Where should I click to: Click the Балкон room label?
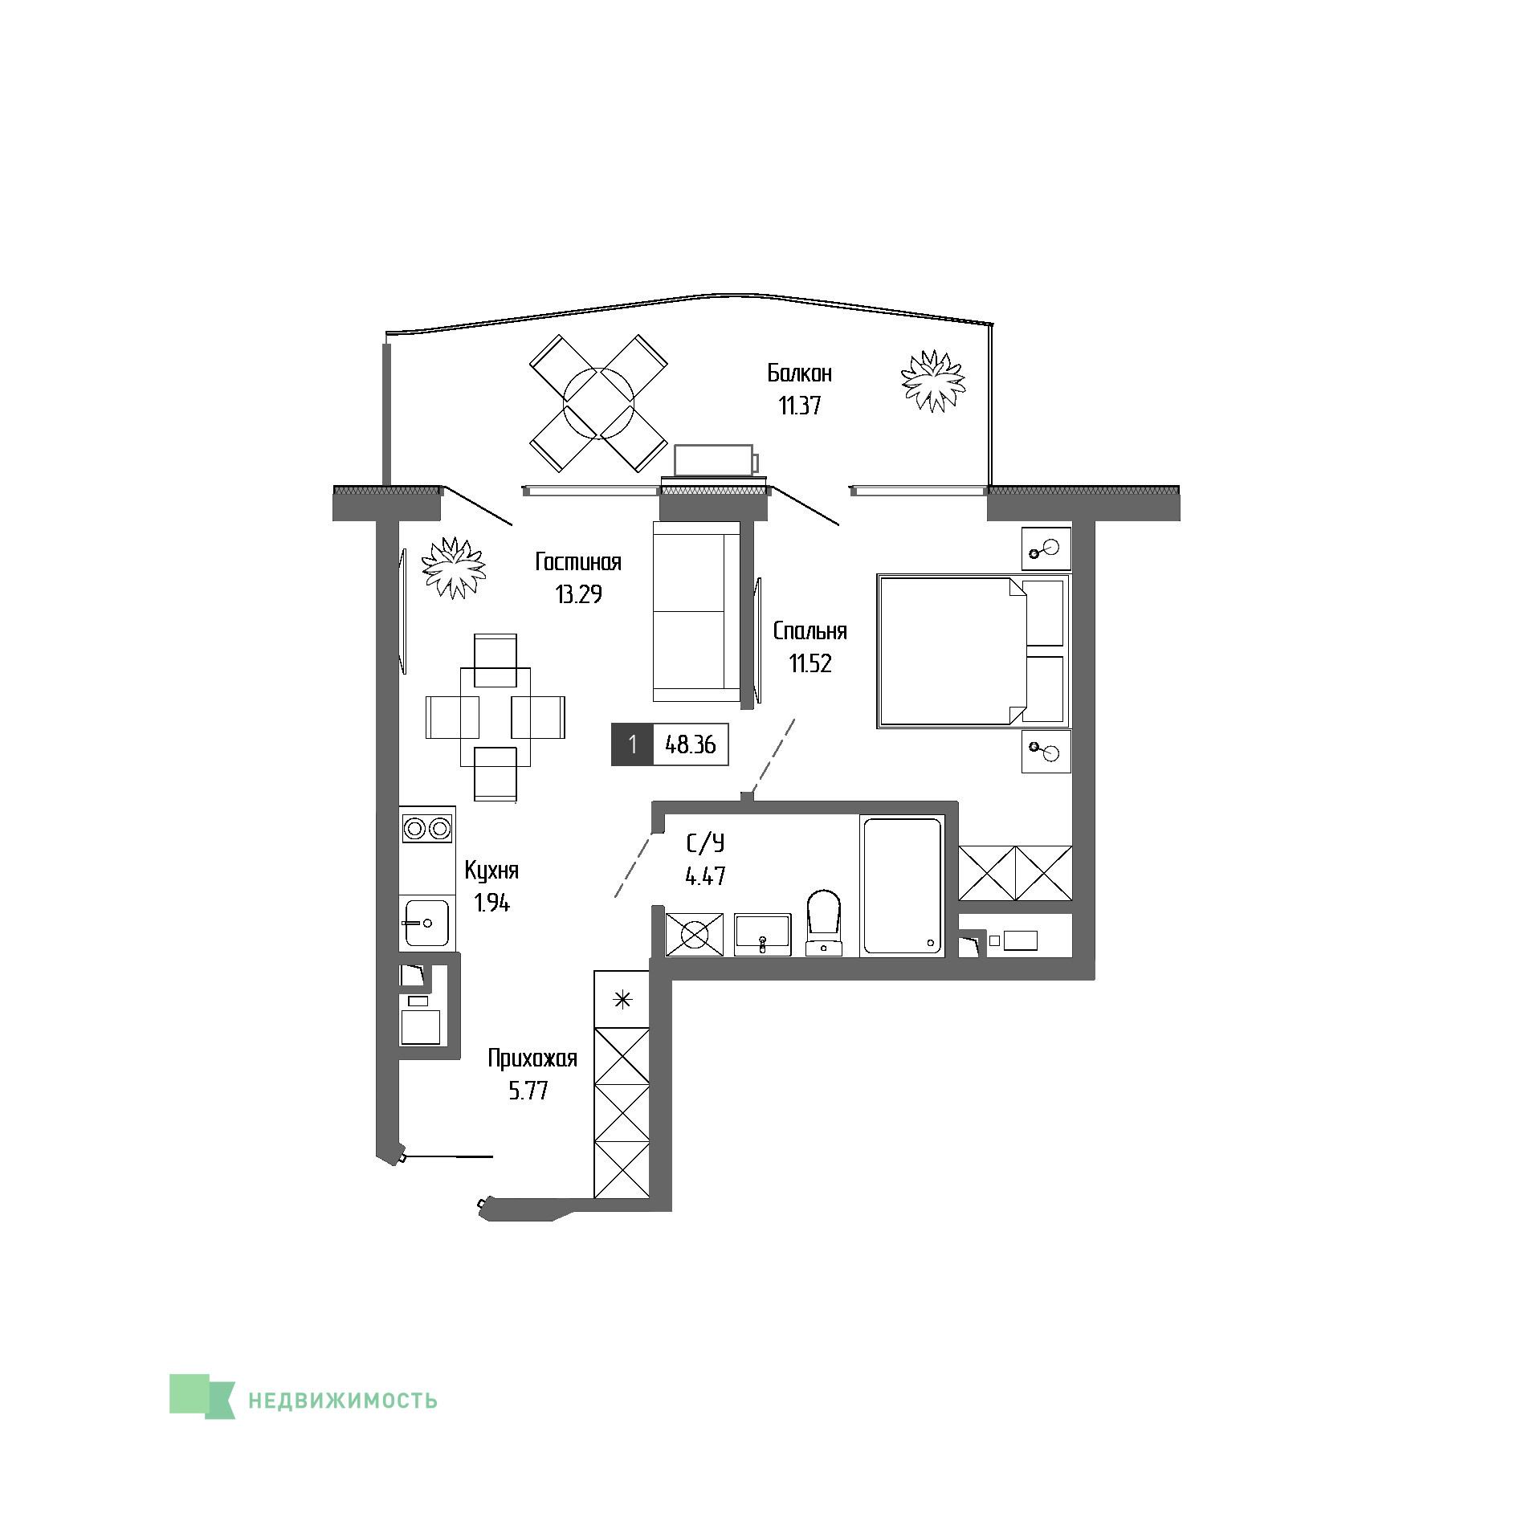799,373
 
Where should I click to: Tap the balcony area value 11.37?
800,406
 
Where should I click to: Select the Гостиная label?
578,562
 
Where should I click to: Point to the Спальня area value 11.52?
810,663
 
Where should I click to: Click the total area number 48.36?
691,744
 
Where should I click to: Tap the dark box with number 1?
633,744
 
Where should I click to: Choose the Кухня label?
491,871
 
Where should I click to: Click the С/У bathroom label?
705,842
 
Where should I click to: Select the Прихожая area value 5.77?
528,1091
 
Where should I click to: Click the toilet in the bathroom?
823,923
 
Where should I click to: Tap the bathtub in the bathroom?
902,886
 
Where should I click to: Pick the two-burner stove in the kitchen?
427,828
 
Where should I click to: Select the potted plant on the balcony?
933,381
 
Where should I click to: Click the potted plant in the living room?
455,568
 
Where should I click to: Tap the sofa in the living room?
696,611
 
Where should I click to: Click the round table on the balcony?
599,403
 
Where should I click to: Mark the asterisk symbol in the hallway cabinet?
622,1000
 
